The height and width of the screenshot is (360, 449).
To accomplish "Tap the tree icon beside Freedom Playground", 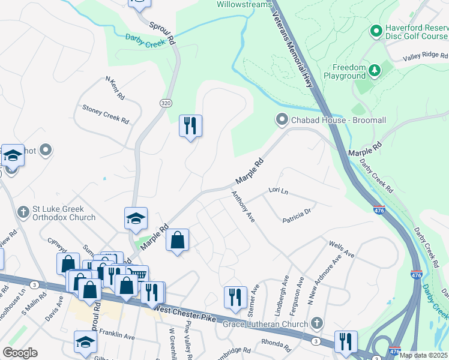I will (375, 71).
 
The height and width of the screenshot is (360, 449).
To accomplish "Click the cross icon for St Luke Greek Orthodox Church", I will (23, 212).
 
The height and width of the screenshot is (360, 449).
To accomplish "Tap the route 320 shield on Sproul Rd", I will (166, 103).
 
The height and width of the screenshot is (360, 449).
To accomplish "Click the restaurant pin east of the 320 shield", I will (191, 126).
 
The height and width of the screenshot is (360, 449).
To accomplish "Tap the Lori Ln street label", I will (279, 191).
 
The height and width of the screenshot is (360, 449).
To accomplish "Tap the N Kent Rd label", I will (115, 88).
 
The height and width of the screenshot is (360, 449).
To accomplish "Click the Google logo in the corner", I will (20, 353).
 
